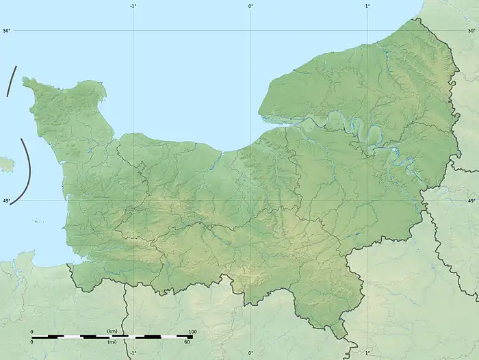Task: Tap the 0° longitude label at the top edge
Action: click(250, 6)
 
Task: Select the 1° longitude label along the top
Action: click(367, 6)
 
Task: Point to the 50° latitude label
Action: click(6, 31)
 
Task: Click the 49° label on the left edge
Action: click(6, 201)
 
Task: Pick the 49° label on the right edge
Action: click(471, 201)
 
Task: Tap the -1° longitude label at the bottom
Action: click(133, 353)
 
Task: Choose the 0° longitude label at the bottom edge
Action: click(250, 353)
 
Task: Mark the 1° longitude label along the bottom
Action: click(367, 353)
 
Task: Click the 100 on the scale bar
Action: click(192, 331)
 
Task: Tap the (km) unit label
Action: click(112, 331)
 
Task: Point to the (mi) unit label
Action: click(112, 342)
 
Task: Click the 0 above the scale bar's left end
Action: click(31, 331)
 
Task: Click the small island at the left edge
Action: click(5, 164)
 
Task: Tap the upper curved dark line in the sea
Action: click(10, 82)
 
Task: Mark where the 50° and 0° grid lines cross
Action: click(250, 31)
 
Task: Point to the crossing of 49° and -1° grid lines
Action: click(133, 201)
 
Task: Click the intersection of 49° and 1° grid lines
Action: click(367, 201)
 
